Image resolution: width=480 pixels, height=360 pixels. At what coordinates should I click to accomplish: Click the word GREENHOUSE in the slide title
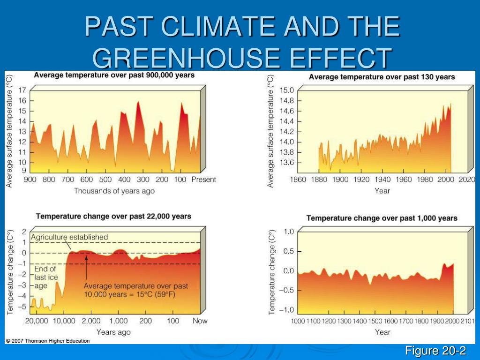click(187, 58)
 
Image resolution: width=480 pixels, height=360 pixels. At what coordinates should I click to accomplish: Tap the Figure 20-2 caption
click(435, 351)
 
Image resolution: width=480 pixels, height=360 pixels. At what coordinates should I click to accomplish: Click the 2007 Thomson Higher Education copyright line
click(48, 341)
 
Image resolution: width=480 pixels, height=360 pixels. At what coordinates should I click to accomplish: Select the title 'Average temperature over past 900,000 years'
click(114, 75)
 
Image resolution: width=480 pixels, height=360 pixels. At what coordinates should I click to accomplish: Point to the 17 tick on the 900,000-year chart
click(22, 90)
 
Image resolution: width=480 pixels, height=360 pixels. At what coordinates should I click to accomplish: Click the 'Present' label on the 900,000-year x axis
click(203, 180)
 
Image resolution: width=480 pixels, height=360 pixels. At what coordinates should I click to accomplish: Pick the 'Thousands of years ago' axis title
click(114, 191)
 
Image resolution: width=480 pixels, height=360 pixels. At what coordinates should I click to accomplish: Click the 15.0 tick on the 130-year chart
click(287, 90)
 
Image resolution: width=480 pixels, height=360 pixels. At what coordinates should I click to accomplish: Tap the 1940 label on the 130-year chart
click(382, 180)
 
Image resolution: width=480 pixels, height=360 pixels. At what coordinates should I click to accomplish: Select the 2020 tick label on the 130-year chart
click(467, 180)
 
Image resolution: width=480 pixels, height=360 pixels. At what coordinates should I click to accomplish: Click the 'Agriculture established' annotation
click(69, 237)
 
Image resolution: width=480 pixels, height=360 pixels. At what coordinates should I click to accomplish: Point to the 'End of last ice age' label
click(45, 277)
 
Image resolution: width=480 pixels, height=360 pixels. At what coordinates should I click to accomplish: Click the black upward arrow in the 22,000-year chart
click(86, 267)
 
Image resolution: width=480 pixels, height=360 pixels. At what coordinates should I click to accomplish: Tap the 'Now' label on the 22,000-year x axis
click(200, 321)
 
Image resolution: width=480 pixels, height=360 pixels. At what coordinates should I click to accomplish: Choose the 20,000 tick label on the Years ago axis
click(37, 321)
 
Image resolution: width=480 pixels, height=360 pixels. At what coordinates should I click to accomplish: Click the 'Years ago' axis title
click(113, 332)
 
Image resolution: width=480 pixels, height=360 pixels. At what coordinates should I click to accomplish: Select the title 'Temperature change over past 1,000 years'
click(382, 218)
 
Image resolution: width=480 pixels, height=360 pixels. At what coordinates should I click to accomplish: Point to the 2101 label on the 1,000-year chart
click(468, 321)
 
